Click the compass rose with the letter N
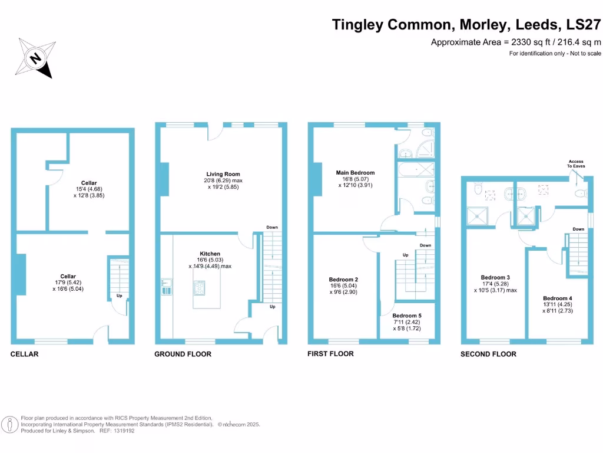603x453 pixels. [35, 58]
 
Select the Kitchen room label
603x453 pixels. [210, 254]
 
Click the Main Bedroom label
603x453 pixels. [355, 173]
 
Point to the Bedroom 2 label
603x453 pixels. [344, 280]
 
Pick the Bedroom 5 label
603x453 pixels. [407, 316]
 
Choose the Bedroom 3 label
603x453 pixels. [495, 277]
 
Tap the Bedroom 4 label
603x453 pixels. [557, 298]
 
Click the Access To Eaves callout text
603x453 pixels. [576, 164]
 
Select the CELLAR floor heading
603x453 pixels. [24, 354]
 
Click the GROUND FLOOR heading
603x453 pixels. [183, 354]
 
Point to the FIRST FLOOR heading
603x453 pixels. [330, 354]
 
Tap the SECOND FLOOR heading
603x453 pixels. [489, 354]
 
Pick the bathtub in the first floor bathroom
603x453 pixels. [416, 171]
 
